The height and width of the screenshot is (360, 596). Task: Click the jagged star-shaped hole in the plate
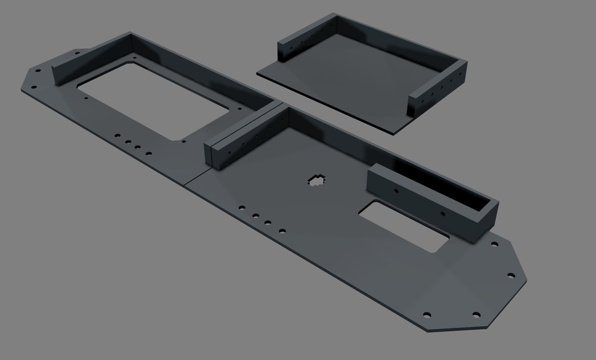[x=316, y=181]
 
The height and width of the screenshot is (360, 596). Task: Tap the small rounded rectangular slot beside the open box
[x=403, y=226]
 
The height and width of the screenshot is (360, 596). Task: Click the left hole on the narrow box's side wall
[x=396, y=190]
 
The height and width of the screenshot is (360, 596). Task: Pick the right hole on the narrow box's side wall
[x=443, y=214]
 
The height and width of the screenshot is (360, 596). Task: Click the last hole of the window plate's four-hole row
[x=148, y=154]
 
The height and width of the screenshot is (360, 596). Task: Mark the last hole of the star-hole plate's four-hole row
[x=282, y=231]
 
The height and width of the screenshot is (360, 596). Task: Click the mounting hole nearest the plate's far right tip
[x=510, y=275]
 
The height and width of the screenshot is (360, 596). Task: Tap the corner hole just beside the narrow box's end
[x=494, y=244]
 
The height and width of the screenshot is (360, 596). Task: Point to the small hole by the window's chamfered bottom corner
[x=183, y=141]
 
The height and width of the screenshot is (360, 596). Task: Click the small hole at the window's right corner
[x=237, y=108]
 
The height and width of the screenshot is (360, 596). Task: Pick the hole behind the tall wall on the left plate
[x=77, y=54]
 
